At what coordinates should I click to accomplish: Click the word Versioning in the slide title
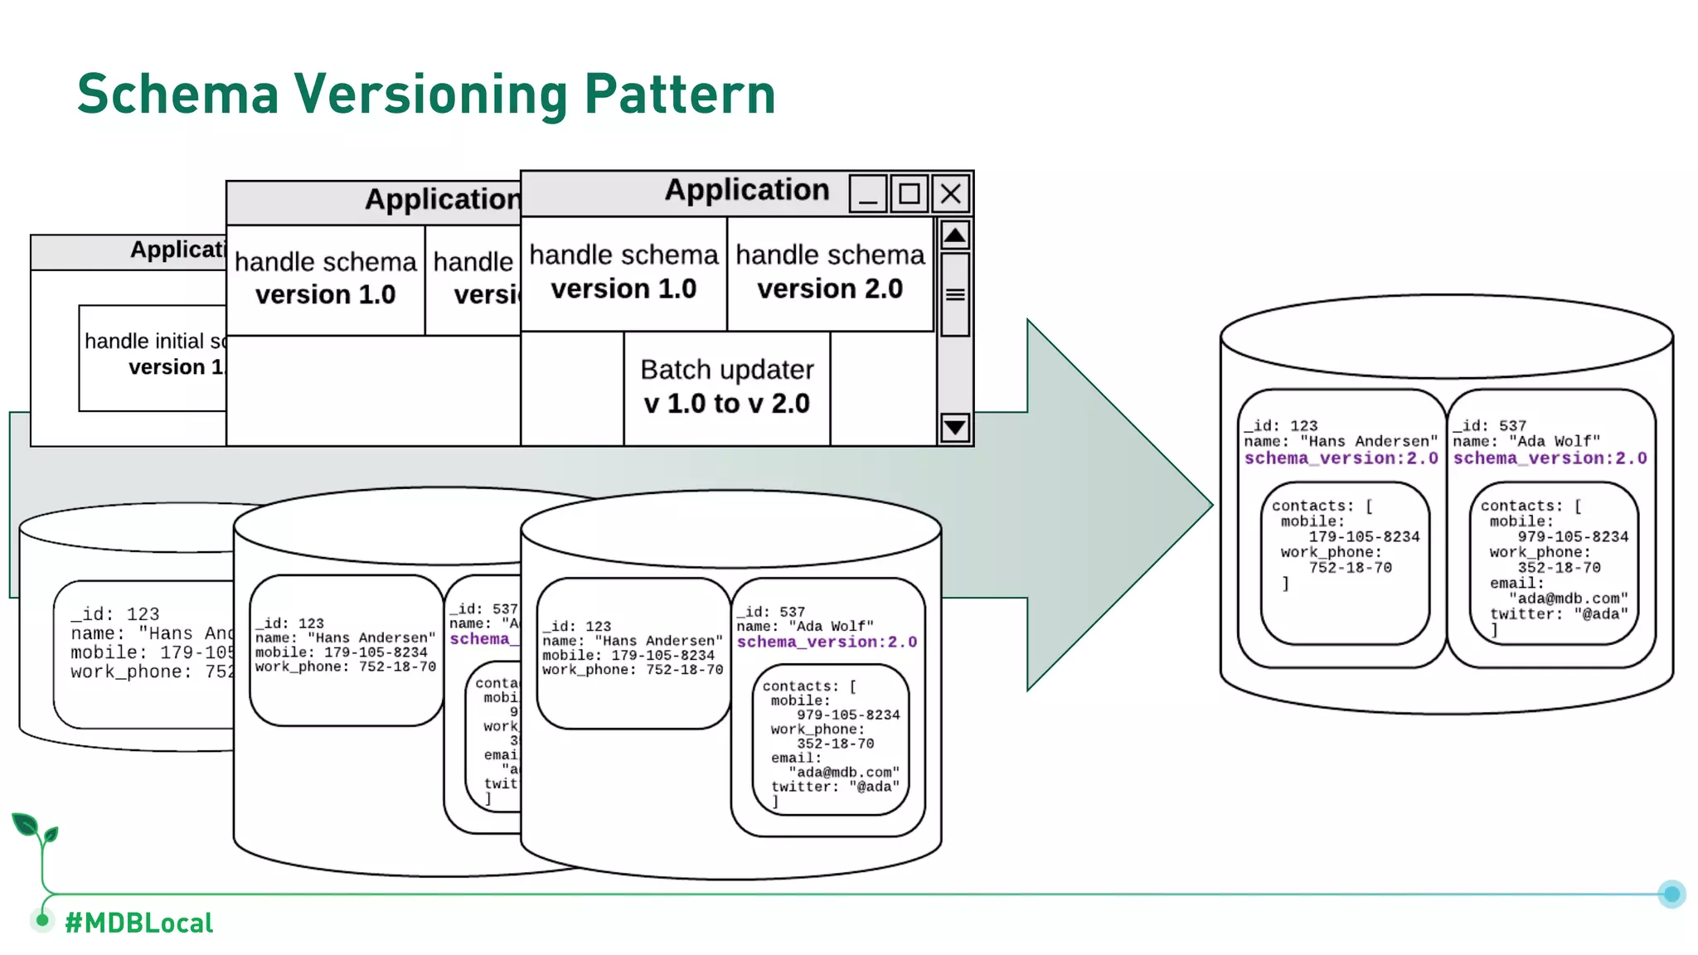(431, 94)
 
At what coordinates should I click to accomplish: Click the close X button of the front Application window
(951, 194)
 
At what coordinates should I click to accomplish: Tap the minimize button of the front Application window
(868, 194)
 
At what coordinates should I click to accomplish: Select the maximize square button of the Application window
(910, 194)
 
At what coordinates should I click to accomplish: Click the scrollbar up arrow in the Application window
(955, 235)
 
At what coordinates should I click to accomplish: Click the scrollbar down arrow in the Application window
(955, 428)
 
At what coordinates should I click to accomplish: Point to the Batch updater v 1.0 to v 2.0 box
(726, 387)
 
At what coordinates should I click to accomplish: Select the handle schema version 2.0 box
(830, 273)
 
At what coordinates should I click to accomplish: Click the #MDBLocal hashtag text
(139, 923)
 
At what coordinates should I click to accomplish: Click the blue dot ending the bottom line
(1671, 894)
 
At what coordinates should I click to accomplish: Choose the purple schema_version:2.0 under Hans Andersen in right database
(1341, 458)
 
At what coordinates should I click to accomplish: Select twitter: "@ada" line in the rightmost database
(1559, 614)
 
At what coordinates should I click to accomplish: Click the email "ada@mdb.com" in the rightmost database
(1569, 599)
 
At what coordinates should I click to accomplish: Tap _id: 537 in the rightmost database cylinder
(1489, 425)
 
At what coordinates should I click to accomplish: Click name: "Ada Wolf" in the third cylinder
(804, 627)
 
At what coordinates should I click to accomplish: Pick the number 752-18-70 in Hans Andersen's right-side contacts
(1350, 568)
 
